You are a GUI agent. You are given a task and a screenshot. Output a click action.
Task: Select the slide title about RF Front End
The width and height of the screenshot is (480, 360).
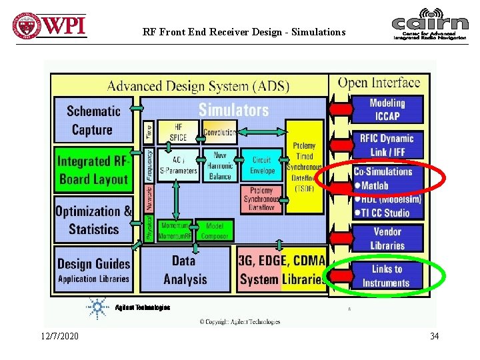coord(244,31)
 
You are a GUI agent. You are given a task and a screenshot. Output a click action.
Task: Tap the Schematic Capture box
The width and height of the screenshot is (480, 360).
coord(93,120)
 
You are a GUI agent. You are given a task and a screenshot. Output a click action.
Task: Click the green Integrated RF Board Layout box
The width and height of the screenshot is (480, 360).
coord(93,170)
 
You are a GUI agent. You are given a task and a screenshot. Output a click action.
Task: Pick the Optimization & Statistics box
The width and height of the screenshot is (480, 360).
coord(93,220)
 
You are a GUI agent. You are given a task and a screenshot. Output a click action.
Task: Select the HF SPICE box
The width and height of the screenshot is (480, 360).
coord(178,132)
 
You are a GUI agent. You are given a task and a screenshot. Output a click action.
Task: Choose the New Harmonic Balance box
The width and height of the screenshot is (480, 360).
coord(220,165)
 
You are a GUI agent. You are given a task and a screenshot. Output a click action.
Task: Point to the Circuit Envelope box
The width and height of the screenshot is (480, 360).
coord(261,165)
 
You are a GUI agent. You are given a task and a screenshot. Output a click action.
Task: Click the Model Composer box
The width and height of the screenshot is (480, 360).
coord(215,231)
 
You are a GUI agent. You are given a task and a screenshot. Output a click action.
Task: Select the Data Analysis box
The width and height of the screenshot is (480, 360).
coord(185,270)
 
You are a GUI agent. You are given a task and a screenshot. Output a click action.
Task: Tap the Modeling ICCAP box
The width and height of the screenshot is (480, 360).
coord(387,109)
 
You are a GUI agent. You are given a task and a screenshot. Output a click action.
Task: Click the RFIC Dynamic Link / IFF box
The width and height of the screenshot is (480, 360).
coord(387,145)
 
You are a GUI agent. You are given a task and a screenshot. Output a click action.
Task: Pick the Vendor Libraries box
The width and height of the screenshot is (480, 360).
coord(387,238)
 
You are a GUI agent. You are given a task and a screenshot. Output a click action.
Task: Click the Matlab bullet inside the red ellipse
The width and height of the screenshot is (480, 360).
coord(374,185)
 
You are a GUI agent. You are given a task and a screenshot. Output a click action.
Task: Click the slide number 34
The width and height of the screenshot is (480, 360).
coord(434,336)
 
